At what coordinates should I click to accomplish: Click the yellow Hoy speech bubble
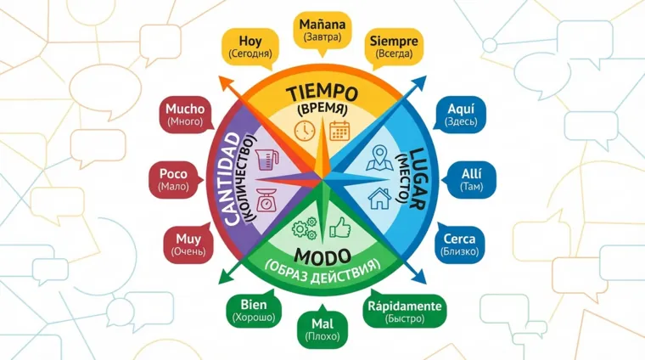[x=250, y=46]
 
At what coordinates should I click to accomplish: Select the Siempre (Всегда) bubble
[x=392, y=46]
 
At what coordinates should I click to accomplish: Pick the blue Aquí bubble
[x=460, y=114]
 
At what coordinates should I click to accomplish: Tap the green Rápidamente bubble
[x=403, y=312]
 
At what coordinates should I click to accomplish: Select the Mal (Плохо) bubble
[x=322, y=328]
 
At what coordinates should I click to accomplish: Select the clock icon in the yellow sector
[x=303, y=130]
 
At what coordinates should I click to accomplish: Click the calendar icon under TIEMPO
[x=341, y=130]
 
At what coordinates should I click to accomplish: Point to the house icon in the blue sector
[x=379, y=199]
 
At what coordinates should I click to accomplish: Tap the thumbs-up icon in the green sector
[x=341, y=227]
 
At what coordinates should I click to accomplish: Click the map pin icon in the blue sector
[x=379, y=159]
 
